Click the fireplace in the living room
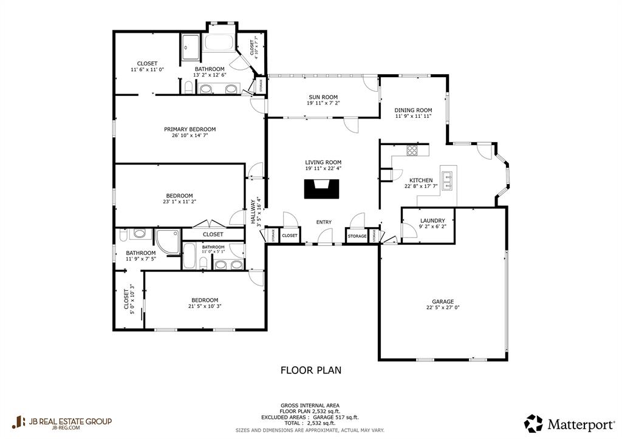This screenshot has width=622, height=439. pyautogui.click(x=320, y=189)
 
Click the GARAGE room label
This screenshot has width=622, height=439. pyautogui.click(x=443, y=301)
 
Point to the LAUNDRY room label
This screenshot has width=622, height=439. pyautogui.click(x=432, y=220)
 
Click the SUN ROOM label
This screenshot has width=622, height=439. pyautogui.click(x=323, y=97)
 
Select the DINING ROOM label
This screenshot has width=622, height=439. pyautogui.click(x=413, y=110)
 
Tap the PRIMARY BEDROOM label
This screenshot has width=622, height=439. pyautogui.click(x=190, y=129)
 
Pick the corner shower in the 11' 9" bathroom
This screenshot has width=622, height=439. pyautogui.click(x=166, y=240)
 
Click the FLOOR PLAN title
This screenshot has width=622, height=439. pyautogui.click(x=310, y=369)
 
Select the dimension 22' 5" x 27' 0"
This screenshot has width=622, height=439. pyautogui.click(x=443, y=308)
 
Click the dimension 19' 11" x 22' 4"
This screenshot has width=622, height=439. pyautogui.click(x=323, y=168)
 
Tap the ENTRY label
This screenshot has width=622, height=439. pyautogui.click(x=324, y=222)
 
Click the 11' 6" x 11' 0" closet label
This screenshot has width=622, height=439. pyautogui.click(x=147, y=70)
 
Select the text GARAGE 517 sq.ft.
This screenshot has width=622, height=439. pyautogui.click(x=337, y=417)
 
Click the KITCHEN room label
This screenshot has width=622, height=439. pyautogui.click(x=420, y=180)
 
